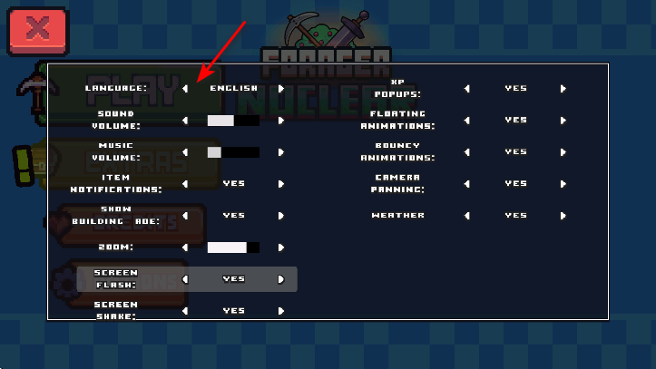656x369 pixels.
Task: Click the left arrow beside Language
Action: [185, 89]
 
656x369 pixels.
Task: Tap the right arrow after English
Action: [281, 89]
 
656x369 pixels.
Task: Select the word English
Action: [233, 89]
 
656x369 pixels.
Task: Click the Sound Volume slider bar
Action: [233, 121]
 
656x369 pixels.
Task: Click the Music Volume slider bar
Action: [233, 152]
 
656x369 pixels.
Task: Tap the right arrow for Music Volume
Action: [281, 152]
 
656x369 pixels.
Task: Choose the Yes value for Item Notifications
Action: [233, 183]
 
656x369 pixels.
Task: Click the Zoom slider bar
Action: [233, 247]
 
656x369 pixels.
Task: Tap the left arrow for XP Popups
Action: [467, 89]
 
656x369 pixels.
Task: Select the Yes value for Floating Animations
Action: [515, 120]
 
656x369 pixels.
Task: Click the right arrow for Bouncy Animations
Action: [563, 152]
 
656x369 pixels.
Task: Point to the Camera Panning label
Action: [397, 183]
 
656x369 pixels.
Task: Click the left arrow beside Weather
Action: [467, 216]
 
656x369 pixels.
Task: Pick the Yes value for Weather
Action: [515, 216]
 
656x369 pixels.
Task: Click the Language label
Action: [116, 89]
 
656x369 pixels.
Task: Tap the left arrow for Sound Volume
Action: [185, 121]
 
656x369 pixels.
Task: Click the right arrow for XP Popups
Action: [563, 89]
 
